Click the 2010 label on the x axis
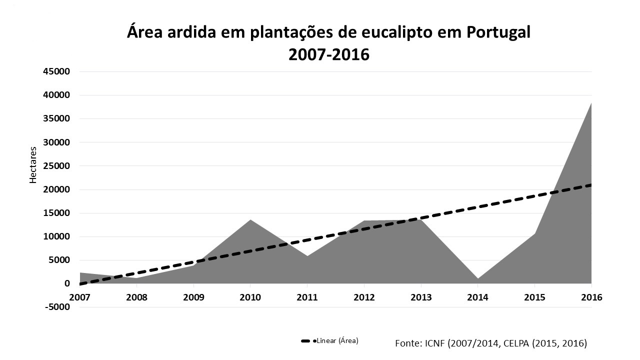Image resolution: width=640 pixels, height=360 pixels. tap(250, 297)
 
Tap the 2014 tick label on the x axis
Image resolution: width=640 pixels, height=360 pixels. tap(477, 297)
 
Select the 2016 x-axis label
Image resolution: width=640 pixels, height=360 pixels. tap(592, 297)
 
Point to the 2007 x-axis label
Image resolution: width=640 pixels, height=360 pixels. tap(79, 297)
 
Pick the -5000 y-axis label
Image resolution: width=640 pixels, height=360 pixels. tap(57, 307)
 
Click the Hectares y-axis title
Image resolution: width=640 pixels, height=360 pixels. tap(33, 165)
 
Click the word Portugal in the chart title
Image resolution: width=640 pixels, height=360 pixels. tap(498, 32)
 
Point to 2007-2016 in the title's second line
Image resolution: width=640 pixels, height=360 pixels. tap(328, 54)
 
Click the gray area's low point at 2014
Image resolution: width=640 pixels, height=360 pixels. tap(477, 278)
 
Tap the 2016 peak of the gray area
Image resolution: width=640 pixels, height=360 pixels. tap(591, 103)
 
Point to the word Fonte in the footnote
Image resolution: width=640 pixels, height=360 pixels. tap(407, 343)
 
